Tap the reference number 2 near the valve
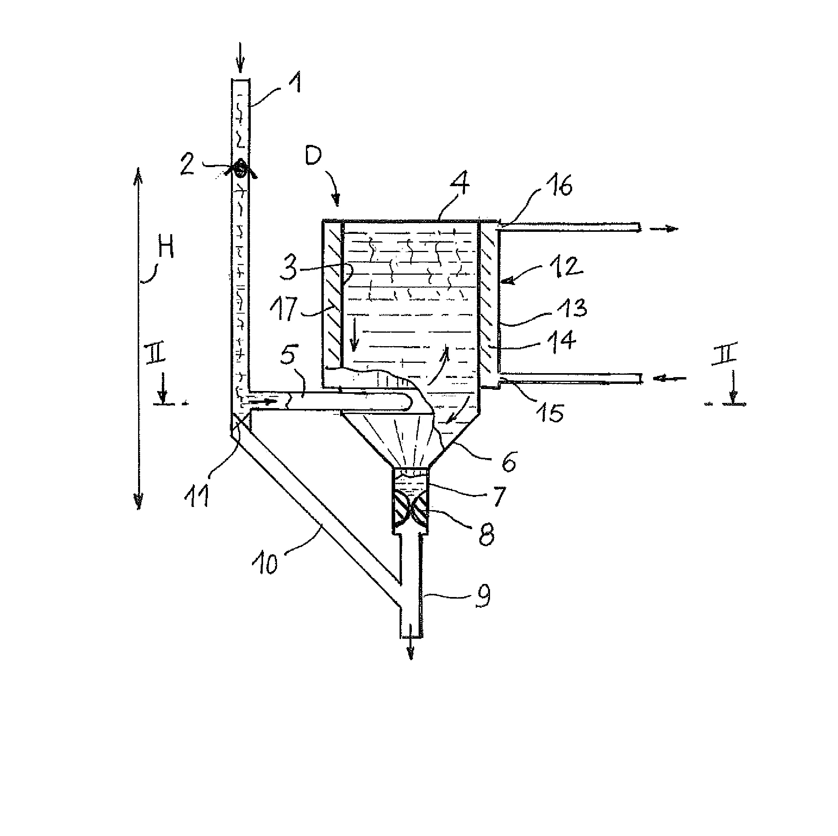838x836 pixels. (x=187, y=165)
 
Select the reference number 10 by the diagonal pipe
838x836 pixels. (x=265, y=564)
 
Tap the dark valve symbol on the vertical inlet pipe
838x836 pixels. (x=240, y=169)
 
